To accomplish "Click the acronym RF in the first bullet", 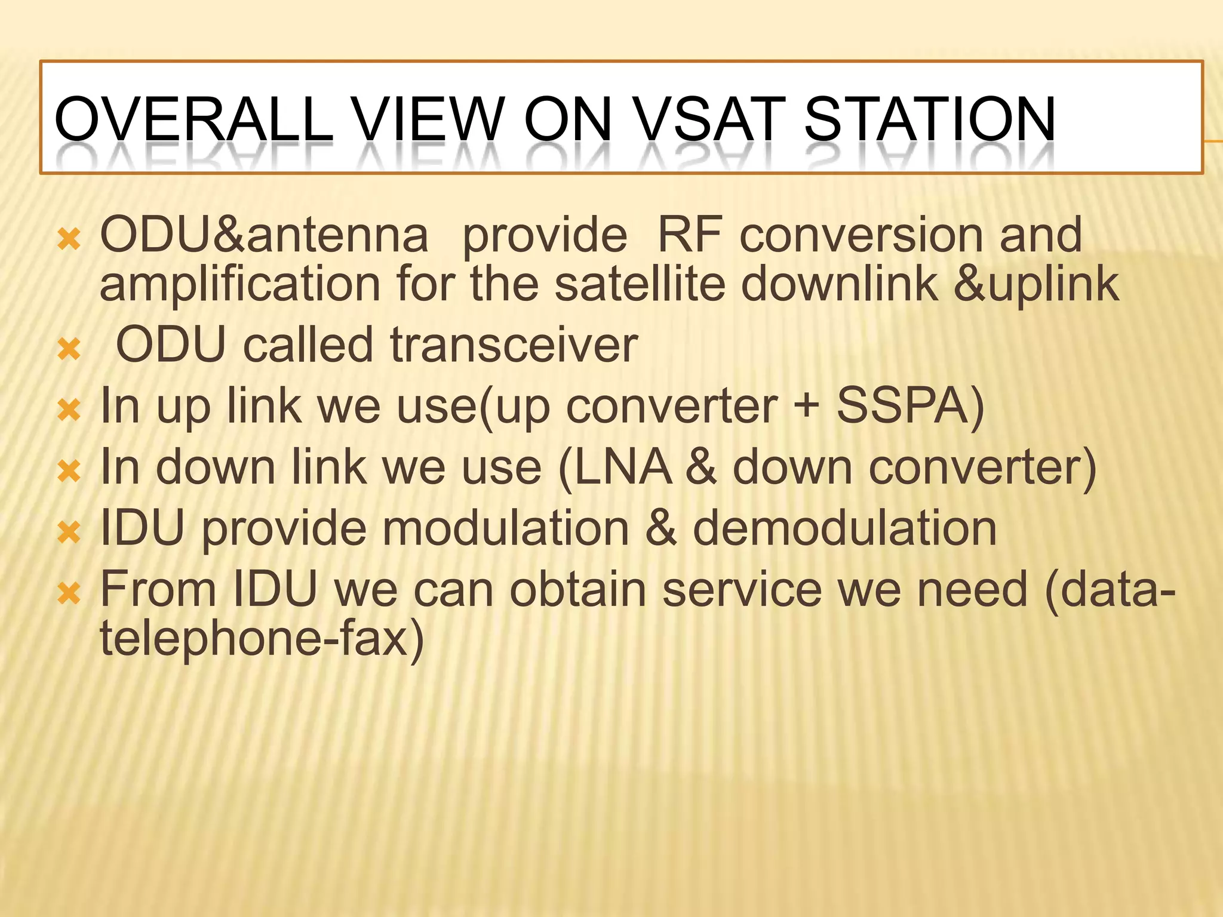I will (690, 235).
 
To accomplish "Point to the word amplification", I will (239, 284).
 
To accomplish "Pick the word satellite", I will (640, 284).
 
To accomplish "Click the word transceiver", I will (514, 346).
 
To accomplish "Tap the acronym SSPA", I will (909, 407).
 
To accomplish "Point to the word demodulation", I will (844, 529).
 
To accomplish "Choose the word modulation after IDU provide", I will (505, 529).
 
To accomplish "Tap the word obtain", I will (578, 590).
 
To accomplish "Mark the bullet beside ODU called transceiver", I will (69, 349).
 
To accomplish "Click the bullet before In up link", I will (69, 410).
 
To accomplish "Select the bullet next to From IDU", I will (69, 593).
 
